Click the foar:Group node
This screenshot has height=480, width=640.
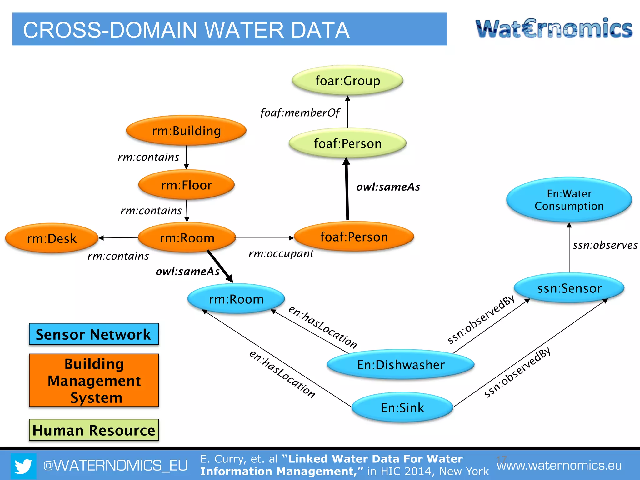point(347,81)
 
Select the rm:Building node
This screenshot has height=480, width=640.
point(186,131)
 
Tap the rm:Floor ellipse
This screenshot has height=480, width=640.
point(187,185)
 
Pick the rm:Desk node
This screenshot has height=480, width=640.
point(52,238)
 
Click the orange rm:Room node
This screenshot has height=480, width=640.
point(187,238)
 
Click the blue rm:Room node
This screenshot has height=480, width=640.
point(236,299)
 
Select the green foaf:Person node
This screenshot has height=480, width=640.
point(347,143)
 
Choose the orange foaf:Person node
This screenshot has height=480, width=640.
point(354,237)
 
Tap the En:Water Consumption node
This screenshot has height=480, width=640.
point(569,200)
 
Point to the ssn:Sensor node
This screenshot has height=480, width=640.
point(569,288)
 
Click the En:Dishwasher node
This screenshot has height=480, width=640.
point(401,365)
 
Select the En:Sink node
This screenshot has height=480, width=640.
point(402,407)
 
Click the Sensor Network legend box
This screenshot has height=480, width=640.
point(94,334)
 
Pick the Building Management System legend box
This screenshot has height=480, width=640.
point(94,380)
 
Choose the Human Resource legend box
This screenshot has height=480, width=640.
point(94,430)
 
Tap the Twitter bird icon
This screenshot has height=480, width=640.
point(23,466)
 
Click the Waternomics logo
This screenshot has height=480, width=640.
point(554,29)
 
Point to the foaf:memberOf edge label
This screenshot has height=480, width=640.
point(300,113)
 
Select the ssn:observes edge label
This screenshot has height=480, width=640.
point(605,245)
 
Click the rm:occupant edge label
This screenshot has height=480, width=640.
point(281,254)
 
